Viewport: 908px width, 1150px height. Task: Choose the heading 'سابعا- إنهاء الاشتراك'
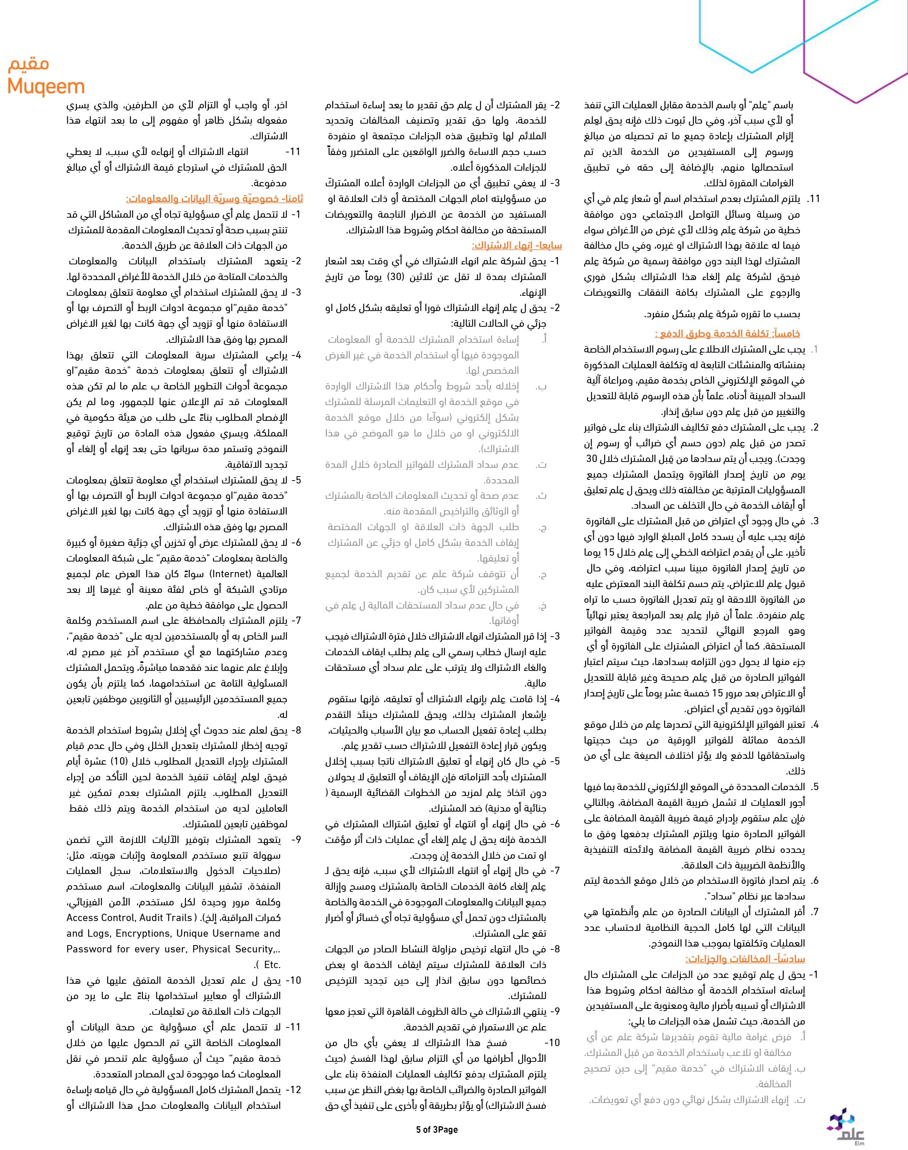(517, 246)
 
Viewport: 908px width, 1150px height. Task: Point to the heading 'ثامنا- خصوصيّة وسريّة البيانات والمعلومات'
(214, 199)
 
